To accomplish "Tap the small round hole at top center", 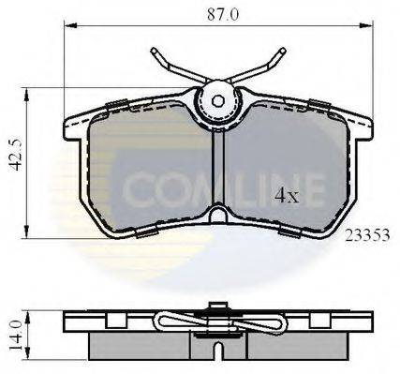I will point(217,99).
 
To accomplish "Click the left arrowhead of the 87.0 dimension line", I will point(67,26).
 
